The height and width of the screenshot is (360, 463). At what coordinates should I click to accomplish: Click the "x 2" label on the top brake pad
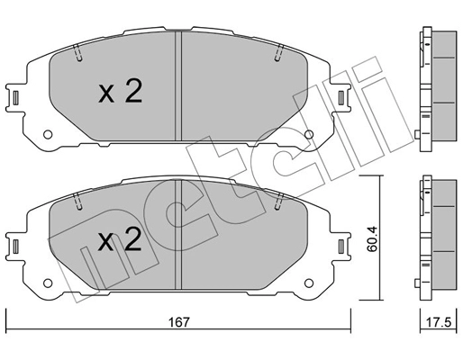(120, 92)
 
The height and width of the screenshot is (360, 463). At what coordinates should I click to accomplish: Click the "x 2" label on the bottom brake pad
(119, 239)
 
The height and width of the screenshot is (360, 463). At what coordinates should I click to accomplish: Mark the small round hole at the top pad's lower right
(309, 136)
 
